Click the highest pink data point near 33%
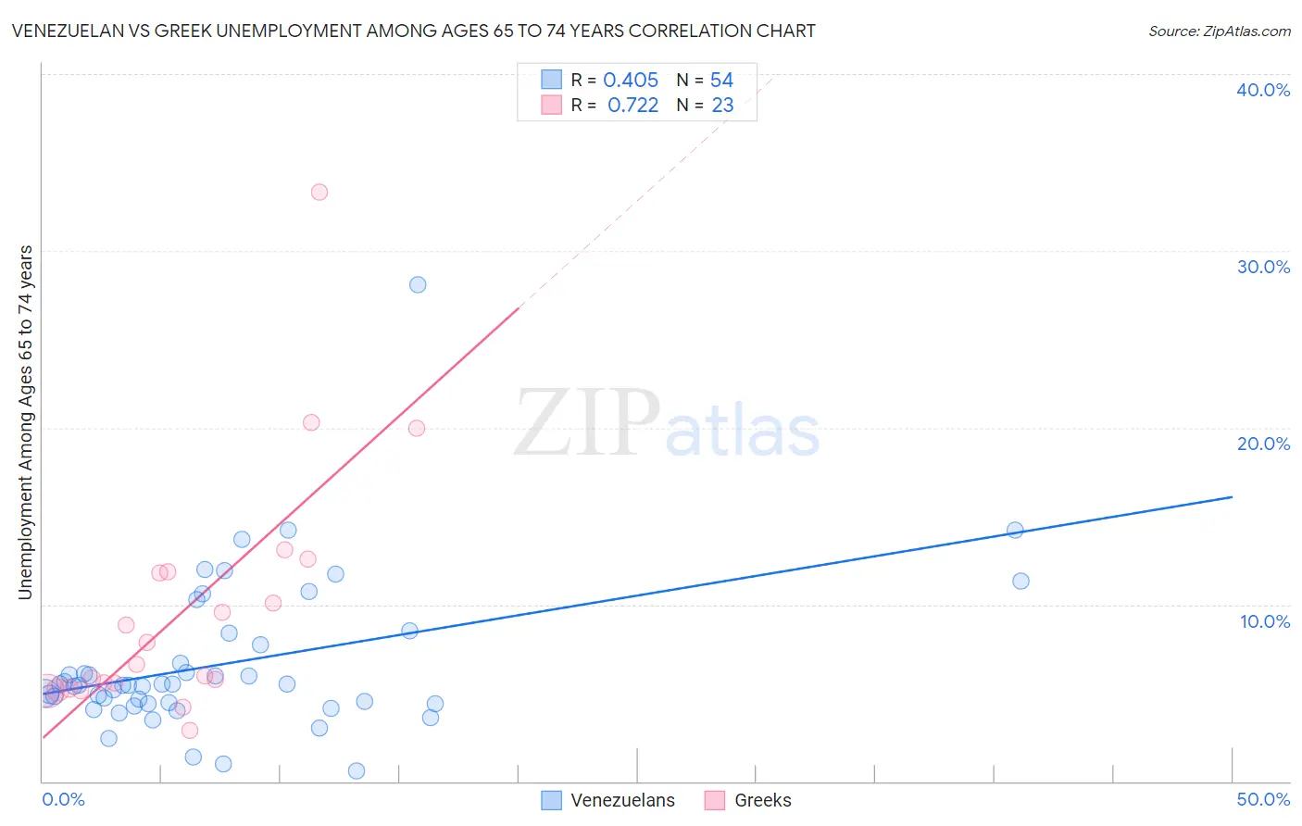pos(319,193)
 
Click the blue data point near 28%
pos(418,285)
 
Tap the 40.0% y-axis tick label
pos(1263,90)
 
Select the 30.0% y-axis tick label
pos(1263,267)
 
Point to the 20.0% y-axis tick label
pos(1263,444)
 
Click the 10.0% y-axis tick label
pos(1265,621)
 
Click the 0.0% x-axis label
pos(64,799)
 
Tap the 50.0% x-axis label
pos(1263,799)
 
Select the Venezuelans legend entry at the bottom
pos(622,800)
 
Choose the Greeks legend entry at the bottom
pos(762,800)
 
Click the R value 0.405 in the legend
pos(631,81)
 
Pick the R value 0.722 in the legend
pos(632,106)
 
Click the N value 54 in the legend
pos(721,81)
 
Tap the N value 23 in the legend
pos(722,106)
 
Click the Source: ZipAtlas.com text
pos(1220,31)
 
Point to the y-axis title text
pos(26,422)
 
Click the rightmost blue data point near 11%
pos(1020,582)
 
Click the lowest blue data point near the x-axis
pos(357,771)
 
